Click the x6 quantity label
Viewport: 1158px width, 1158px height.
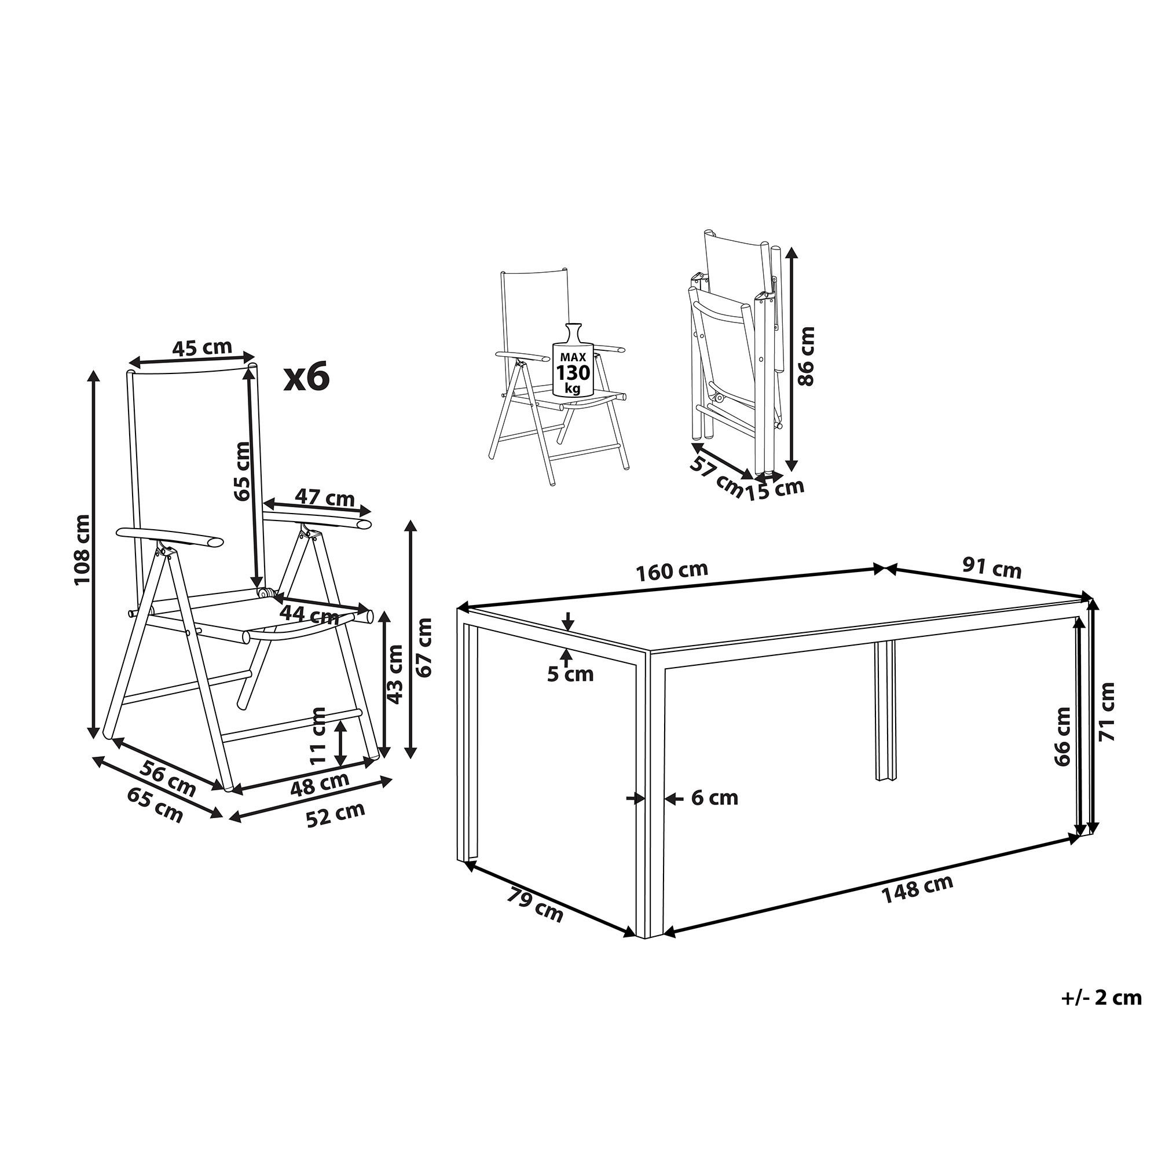(x=306, y=378)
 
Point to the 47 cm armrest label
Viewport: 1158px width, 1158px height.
(x=324, y=497)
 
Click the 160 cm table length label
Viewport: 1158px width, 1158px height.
(x=672, y=571)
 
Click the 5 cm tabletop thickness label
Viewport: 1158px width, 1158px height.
(x=570, y=675)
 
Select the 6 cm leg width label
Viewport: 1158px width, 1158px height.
(x=714, y=798)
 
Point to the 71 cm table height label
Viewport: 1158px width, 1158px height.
(x=1106, y=712)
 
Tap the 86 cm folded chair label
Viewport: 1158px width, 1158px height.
(x=807, y=356)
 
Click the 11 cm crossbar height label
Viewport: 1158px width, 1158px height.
(x=319, y=735)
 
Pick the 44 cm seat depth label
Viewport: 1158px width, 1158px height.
(x=309, y=613)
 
